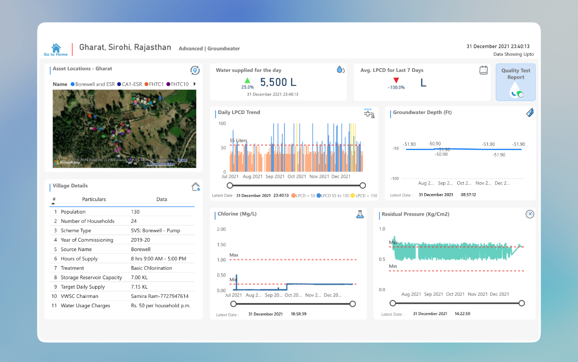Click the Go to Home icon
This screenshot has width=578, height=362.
56,47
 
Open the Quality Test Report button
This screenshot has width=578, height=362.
516,82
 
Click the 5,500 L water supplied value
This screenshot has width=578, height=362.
278,82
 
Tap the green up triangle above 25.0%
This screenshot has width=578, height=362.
247,80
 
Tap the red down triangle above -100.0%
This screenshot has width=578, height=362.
396,80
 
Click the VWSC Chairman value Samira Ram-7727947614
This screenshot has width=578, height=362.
159,296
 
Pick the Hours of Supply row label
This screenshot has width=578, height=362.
79,259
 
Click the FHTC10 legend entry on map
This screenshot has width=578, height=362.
177,84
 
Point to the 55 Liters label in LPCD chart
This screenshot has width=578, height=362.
238,141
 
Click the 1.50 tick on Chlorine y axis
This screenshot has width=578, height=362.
221,244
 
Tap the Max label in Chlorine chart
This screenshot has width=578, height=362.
234,255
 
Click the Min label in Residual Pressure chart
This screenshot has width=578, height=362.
393,266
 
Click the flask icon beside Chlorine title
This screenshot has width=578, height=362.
360,214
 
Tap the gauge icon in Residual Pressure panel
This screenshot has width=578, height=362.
530,214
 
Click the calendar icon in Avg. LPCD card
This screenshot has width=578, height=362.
483,70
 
